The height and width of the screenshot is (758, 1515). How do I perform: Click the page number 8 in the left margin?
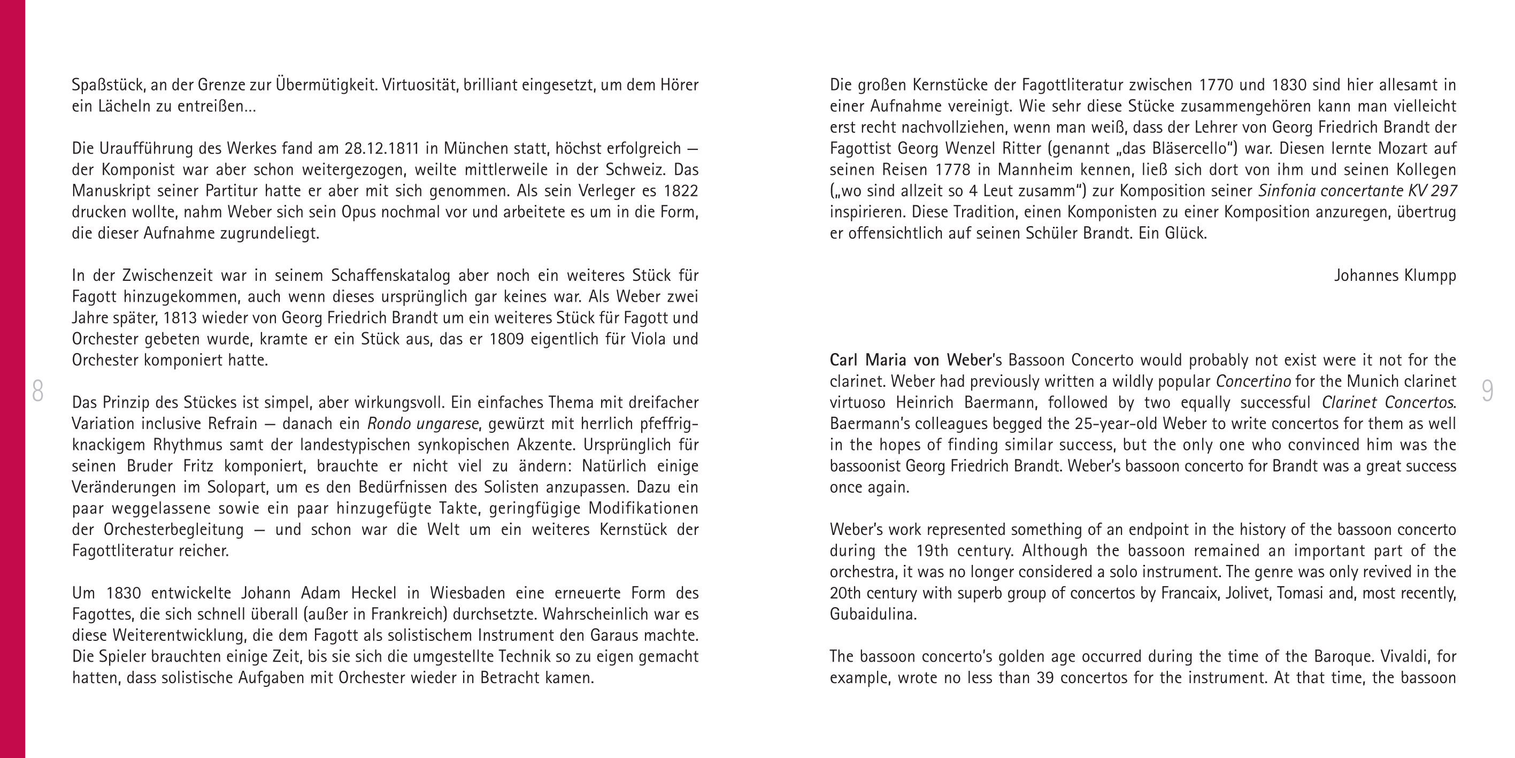tap(37, 392)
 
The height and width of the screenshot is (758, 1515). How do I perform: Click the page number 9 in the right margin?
tap(1487, 392)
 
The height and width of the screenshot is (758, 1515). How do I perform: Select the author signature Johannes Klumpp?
tap(1395, 275)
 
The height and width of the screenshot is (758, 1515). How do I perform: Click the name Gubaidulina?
tap(873, 615)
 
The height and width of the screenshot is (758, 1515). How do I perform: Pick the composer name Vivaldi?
tap(1408, 657)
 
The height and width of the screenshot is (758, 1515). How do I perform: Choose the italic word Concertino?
tap(1253, 381)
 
